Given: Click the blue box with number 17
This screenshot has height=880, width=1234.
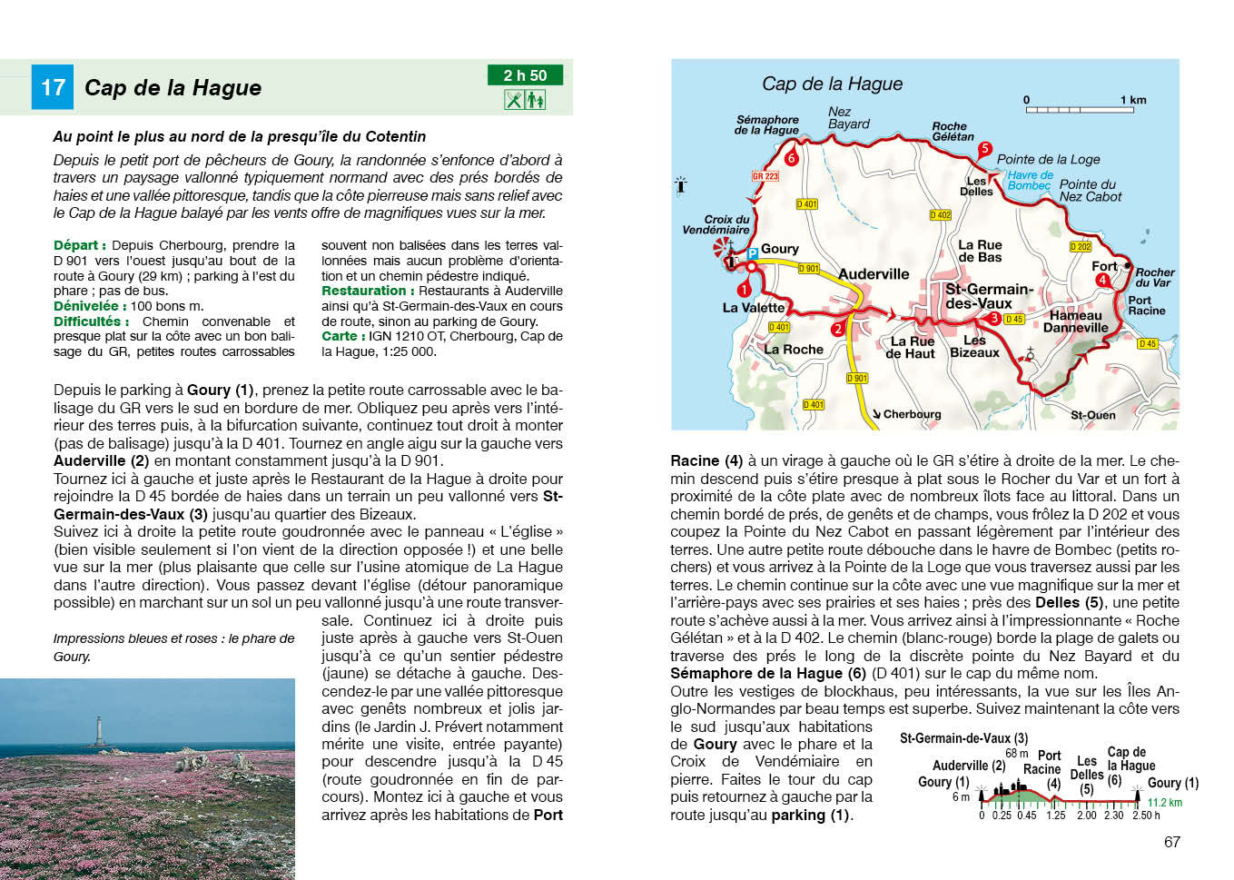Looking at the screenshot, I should point(52,87).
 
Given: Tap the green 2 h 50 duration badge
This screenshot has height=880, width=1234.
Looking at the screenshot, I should point(525,75).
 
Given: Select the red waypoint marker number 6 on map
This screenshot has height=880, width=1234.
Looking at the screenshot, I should point(791,158).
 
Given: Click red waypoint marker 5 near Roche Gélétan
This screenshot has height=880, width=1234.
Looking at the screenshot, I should point(984,149).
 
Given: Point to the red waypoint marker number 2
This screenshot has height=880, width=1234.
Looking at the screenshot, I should point(838,329).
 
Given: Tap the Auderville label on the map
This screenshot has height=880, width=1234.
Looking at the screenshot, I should point(873,273).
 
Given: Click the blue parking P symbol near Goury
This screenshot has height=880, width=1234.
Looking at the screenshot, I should point(753,254).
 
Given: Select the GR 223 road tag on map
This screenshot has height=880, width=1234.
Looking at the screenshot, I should point(765,176).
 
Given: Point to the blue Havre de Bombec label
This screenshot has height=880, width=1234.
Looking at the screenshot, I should point(1030,180).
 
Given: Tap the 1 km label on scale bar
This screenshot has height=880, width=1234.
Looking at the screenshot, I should point(1132,100).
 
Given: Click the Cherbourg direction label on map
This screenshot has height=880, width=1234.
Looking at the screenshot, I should point(911,414).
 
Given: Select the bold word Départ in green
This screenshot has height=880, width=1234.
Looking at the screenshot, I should point(79,245).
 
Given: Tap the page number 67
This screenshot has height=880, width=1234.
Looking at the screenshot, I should point(1171,842).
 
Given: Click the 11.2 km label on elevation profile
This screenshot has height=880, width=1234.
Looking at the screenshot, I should point(1164,802).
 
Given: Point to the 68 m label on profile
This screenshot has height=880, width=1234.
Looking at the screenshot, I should point(1016,753).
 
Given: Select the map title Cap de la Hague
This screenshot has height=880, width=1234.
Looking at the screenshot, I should point(832,84).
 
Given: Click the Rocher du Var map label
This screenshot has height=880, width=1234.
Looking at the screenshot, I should point(1154,277).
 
